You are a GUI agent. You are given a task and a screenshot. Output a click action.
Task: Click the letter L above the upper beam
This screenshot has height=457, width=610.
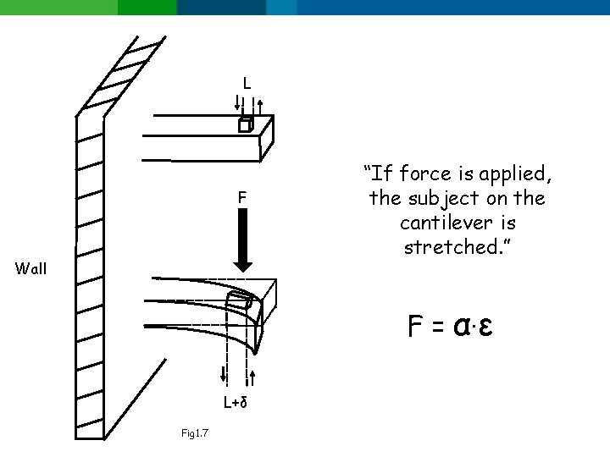247,83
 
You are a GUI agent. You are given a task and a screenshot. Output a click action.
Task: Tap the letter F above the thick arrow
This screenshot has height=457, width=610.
241,198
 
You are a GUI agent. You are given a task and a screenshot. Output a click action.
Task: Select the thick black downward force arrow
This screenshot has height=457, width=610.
242,240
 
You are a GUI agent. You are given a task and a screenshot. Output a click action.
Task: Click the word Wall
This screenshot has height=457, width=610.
31,270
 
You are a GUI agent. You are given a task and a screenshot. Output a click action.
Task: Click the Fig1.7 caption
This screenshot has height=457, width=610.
196,434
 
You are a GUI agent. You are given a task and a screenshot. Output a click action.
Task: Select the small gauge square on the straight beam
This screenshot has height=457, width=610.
244,125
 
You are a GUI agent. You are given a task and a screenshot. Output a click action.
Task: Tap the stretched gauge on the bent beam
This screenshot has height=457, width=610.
238,300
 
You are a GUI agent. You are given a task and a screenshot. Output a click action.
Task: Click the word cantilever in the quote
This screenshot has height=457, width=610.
457,224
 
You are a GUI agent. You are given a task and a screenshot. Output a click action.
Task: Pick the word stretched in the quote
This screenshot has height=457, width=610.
457,249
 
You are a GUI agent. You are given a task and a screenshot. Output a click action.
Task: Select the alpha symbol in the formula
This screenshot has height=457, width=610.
463,325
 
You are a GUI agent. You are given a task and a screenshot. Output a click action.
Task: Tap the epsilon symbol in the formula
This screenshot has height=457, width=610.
485,325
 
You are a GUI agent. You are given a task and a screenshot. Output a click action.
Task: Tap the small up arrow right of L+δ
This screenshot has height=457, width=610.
252,377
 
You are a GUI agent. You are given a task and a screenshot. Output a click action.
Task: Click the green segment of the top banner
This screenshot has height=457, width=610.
85,7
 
